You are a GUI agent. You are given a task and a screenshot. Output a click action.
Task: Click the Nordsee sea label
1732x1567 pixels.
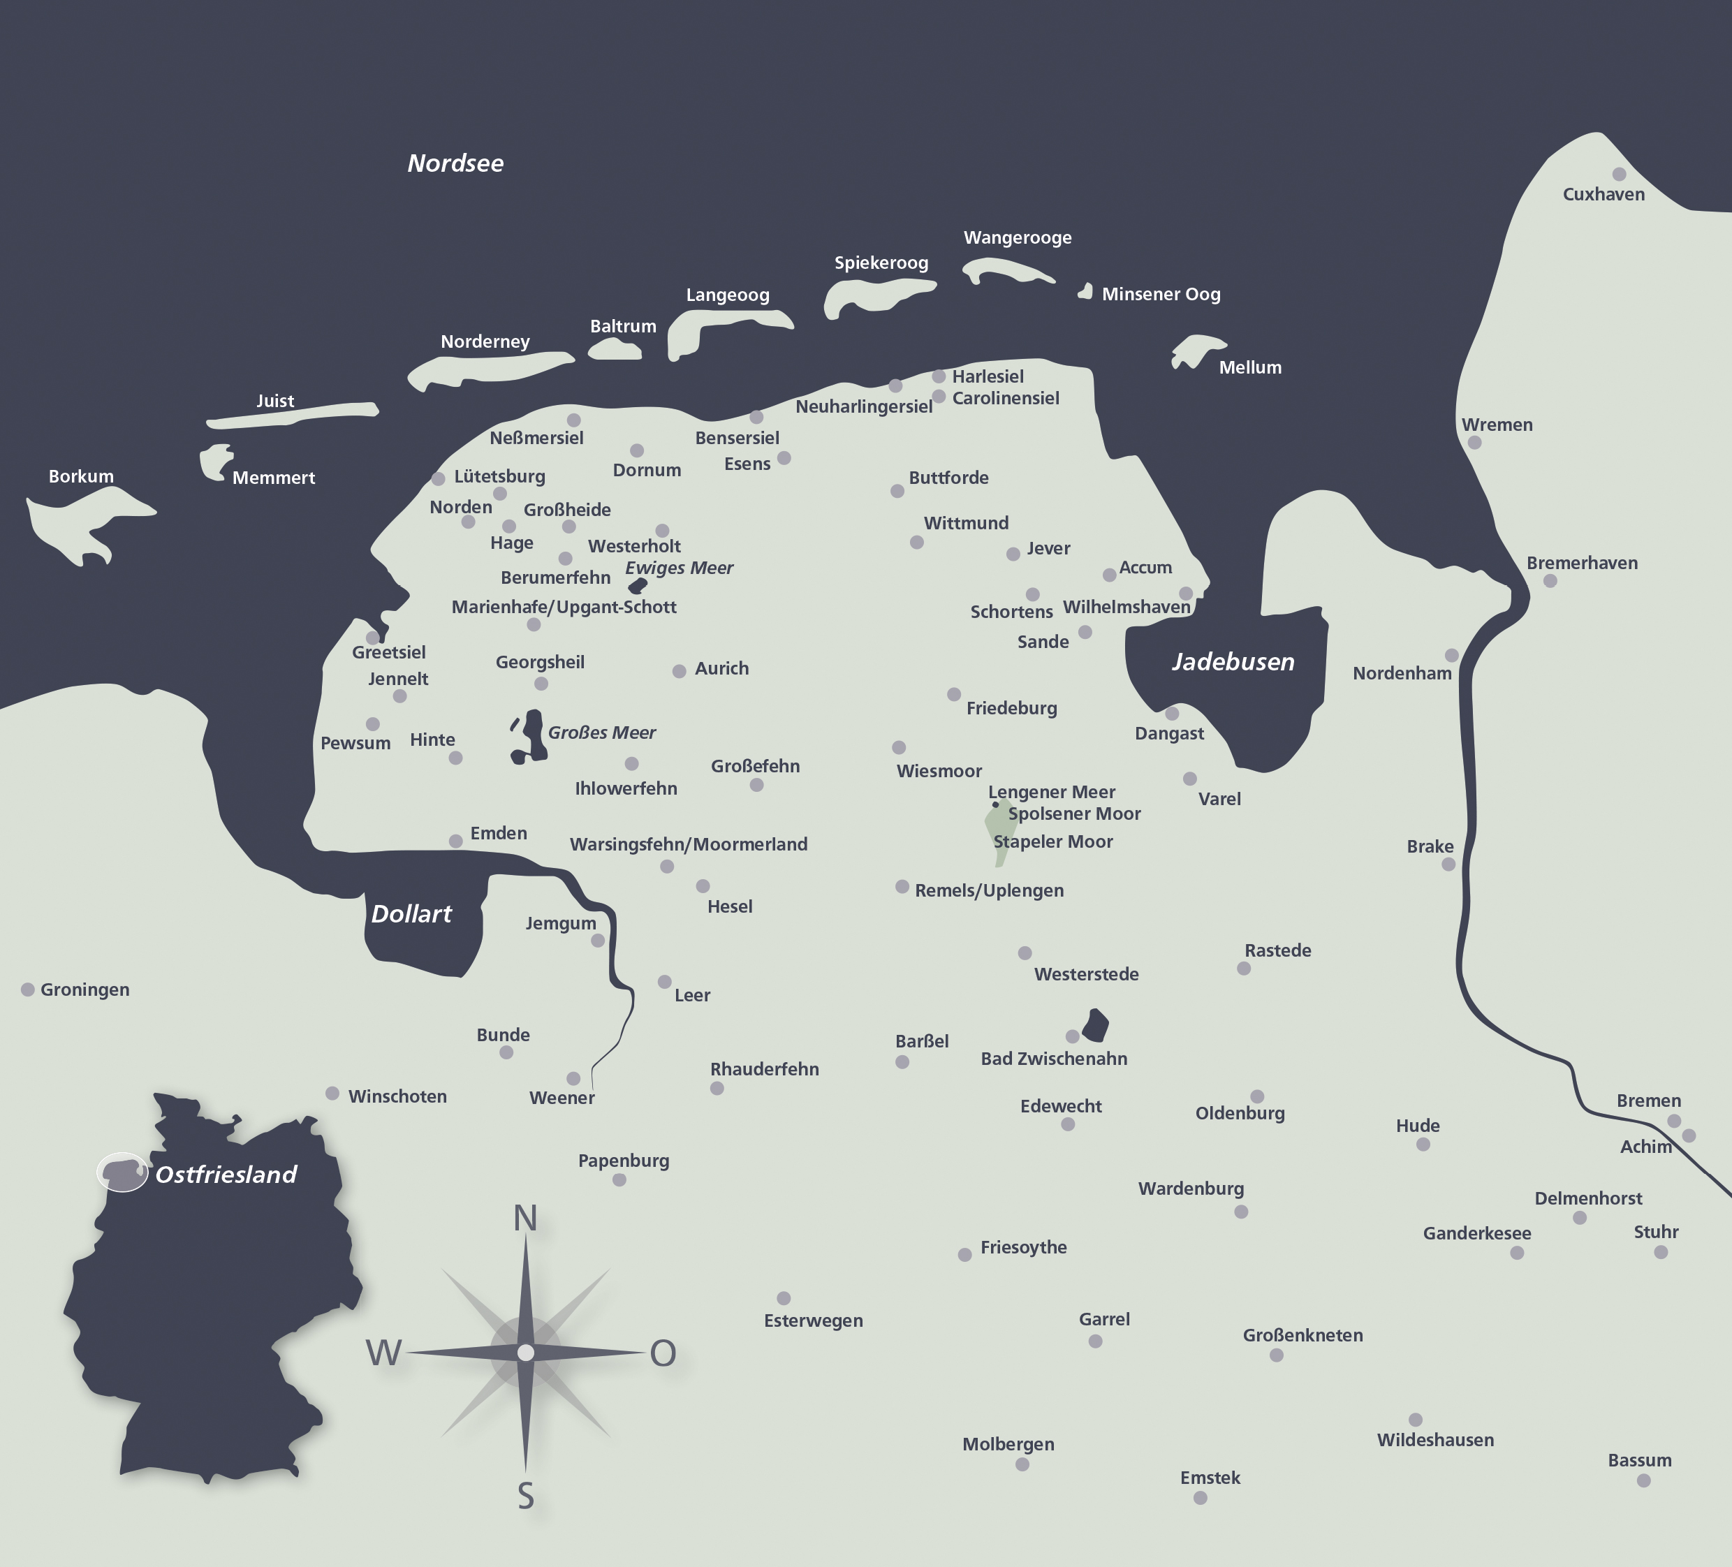[455, 163]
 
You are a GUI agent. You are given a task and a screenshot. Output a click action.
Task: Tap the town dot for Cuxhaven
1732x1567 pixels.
[1619, 175]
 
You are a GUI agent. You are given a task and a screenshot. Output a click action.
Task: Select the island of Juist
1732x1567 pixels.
[292, 414]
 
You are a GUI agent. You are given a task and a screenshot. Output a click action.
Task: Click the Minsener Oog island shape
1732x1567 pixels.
[1087, 292]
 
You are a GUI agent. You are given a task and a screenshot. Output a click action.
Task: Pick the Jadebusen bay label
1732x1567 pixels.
[1233, 661]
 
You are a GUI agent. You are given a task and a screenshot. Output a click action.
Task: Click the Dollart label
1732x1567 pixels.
[411, 914]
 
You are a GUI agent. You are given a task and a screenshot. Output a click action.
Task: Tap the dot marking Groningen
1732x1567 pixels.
[27, 990]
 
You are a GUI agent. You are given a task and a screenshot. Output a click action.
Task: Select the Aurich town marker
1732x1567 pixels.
[679, 671]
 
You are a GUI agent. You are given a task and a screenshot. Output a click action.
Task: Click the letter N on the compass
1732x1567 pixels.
[525, 1219]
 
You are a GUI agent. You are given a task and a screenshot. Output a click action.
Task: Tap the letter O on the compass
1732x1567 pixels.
[662, 1354]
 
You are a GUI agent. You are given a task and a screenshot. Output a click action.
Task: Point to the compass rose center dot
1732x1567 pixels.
[526, 1353]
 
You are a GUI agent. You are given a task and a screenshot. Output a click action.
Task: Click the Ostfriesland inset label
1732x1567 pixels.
[226, 1175]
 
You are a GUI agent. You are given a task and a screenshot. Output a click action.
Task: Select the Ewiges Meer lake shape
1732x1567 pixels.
[638, 586]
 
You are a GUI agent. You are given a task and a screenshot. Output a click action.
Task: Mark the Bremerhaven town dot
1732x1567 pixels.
[1550, 581]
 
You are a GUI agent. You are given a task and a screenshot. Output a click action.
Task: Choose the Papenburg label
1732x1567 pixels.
[623, 1161]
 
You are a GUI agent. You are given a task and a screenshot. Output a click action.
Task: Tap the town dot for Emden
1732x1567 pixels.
[455, 841]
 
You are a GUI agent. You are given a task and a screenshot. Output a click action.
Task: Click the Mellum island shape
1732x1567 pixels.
[1196, 350]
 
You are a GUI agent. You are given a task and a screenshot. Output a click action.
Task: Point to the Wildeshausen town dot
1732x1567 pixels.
[1415, 1420]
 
